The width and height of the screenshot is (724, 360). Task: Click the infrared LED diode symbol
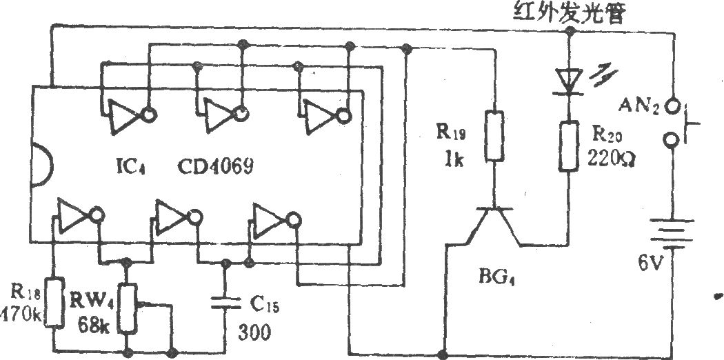tap(568, 81)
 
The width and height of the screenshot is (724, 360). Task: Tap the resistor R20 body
tap(569, 146)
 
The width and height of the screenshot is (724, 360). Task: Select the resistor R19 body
tap(494, 136)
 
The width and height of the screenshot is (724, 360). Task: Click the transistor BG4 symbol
tap(494, 227)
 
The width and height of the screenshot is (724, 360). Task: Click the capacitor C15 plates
tap(225, 303)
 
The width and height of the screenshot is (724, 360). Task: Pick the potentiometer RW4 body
tap(126, 309)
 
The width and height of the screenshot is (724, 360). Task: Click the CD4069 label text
tap(216, 167)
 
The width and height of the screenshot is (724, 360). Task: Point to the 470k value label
tap(21, 317)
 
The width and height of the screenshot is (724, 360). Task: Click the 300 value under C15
tap(254, 332)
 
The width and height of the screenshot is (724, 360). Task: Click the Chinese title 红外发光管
tap(570, 14)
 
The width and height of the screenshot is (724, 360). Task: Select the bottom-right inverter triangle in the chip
tap(268, 220)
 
